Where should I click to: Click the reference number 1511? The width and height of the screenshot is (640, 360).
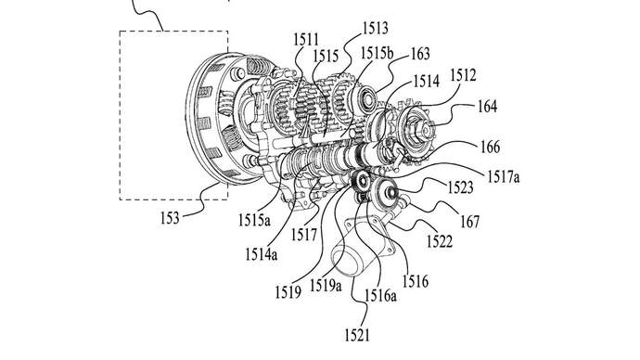pos(306,40)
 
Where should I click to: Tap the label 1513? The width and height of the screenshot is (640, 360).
pos(376,28)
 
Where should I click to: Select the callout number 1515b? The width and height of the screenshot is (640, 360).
pos(377,53)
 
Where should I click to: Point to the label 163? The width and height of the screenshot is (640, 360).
pos(420,54)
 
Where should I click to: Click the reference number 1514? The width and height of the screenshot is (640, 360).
pos(426,81)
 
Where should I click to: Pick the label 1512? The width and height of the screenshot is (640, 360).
pos(463,75)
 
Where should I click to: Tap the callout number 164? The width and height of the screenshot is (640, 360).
pos(488,106)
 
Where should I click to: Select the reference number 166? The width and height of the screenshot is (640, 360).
pos(491,147)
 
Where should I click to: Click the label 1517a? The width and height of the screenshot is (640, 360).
pos(504,176)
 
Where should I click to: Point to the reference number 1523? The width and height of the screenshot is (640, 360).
pos(460,187)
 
